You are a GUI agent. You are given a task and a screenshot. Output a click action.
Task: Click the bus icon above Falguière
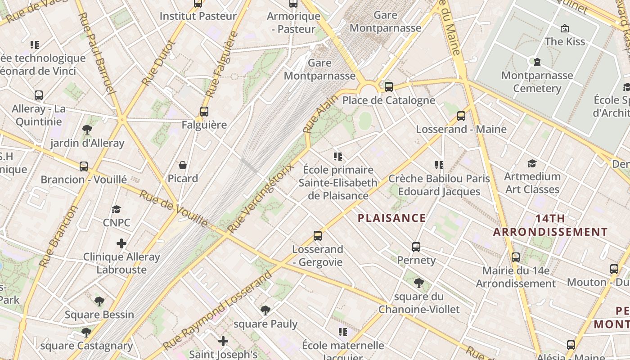(204, 111)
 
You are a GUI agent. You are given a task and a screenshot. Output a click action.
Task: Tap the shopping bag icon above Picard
(183, 165)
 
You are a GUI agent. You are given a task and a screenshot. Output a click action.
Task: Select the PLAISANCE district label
(391, 218)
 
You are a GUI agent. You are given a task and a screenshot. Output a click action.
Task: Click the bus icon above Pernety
(416, 247)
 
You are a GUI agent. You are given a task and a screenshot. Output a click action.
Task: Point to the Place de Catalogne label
(389, 100)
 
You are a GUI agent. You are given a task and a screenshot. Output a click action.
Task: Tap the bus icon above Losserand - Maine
(461, 116)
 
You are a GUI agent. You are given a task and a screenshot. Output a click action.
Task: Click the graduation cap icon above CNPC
(117, 209)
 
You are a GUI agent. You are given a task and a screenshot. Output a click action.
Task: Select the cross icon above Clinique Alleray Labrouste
(121, 243)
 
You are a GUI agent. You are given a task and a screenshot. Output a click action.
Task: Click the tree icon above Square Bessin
(99, 301)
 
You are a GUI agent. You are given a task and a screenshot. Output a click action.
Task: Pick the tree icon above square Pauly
(265, 310)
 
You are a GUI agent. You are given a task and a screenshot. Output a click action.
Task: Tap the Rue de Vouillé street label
(174, 208)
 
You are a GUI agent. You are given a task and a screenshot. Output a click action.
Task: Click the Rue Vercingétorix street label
(260, 198)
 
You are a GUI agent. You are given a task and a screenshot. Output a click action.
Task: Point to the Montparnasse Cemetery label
(537, 81)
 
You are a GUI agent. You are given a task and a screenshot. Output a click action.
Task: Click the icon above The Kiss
(564, 28)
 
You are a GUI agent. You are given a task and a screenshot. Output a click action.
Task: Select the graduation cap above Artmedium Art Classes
(532, 163)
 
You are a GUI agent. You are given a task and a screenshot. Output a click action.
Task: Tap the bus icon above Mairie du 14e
(516, 257)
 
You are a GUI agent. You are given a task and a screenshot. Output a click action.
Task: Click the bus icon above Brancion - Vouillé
(84, 166)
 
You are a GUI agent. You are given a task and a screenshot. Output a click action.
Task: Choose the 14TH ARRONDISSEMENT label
(550, 225)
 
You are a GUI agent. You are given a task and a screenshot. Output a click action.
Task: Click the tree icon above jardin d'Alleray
(87, 130)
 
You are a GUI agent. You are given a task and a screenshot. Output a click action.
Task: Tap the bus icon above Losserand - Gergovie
(318, 235)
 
